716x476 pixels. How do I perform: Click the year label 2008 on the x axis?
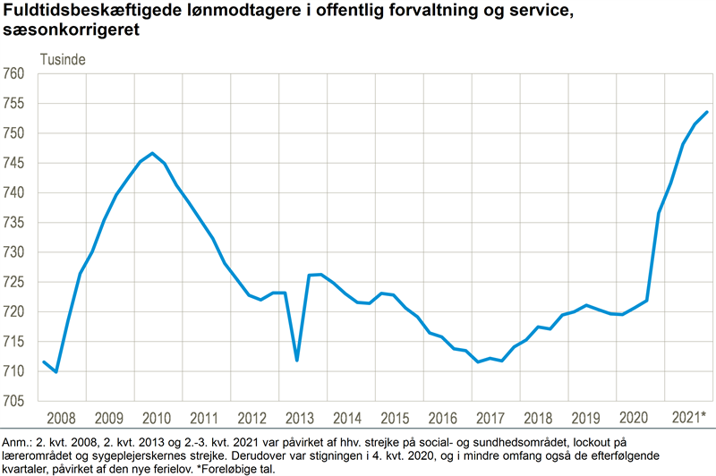62,417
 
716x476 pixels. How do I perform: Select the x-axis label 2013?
301,417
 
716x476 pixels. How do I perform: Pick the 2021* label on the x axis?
688,417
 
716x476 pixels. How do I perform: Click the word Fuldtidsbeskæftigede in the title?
85,12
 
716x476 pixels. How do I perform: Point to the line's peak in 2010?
152,153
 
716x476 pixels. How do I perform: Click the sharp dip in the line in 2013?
296,360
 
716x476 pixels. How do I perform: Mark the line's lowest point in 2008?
55,371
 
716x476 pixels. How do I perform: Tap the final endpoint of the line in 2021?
707,112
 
